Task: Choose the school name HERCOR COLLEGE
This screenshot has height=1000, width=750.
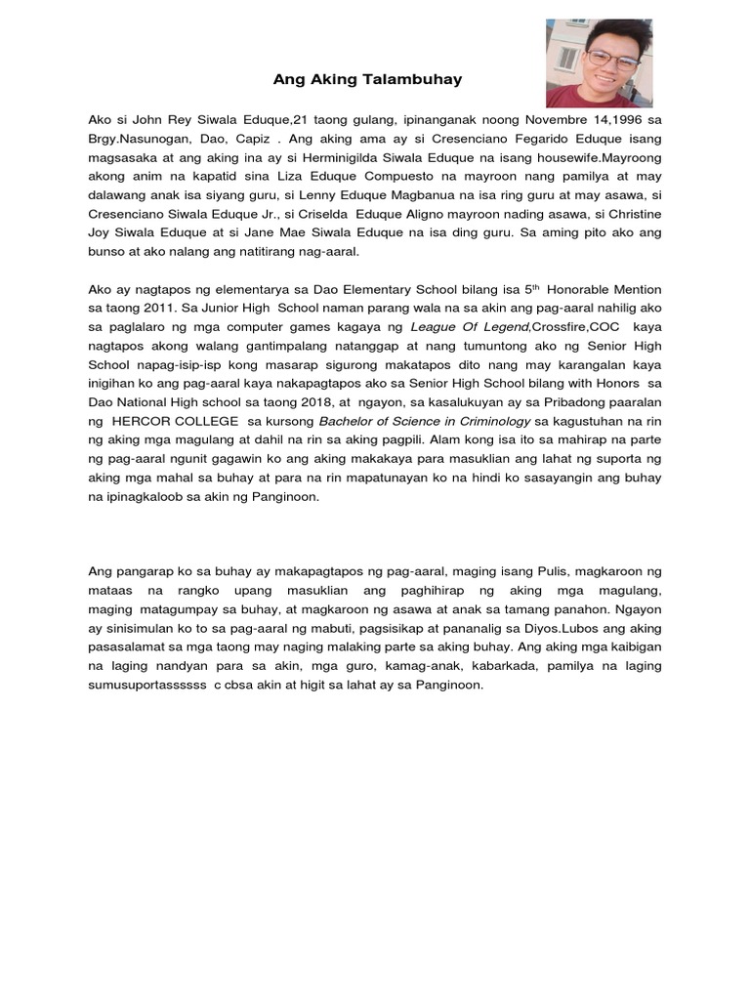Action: click(x=176, y=421)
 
